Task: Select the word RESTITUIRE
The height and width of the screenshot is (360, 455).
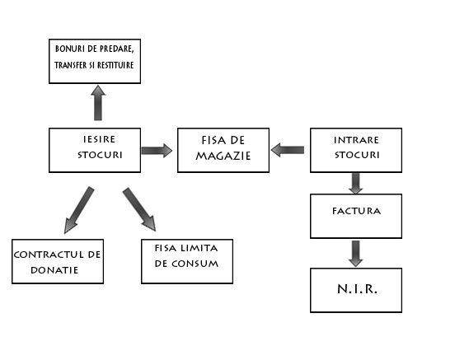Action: [x=115, y=65]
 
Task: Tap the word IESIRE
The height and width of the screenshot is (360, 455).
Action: [x=99, y=139]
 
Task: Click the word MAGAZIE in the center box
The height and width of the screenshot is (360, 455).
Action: [x=223, y=156]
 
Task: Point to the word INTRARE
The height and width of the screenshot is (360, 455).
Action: [x=356, y=140]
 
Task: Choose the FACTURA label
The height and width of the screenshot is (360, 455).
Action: [x=356, y=211]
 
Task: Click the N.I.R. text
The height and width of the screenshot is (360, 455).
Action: [x=357, y=289]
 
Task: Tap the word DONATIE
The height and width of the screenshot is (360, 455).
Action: [x=54, y=270]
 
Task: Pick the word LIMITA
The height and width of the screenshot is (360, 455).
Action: [x=199, y=248]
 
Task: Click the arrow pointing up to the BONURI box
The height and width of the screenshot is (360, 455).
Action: [x=98, y=103]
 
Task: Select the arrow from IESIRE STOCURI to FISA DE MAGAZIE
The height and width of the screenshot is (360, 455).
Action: [x=157, y=151]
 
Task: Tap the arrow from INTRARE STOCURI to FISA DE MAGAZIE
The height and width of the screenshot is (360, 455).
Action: [x=288, y=150]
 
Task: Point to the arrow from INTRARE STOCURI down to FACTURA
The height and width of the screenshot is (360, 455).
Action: [x=356, y=184]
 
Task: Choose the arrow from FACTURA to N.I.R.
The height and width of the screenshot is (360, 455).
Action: [x=356, y=254]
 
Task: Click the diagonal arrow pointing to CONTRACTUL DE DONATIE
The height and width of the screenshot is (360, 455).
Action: [x=79, y=210]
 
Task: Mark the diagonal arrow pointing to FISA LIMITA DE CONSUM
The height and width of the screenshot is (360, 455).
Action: [x=139, y=209]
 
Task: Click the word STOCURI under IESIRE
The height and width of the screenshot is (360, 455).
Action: [x=100, y=155]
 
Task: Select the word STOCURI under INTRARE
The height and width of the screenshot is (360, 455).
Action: [x=357, y=155]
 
